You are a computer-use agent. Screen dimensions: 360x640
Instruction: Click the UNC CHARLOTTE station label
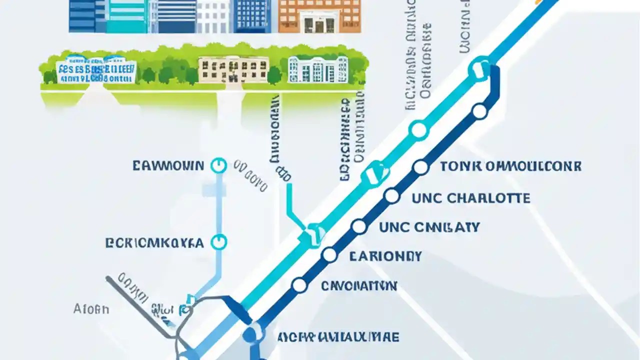pos(470,198)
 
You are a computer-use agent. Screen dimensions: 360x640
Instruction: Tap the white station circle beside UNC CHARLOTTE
pos(392,196)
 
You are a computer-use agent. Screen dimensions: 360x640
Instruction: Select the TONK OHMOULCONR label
pos(510,166)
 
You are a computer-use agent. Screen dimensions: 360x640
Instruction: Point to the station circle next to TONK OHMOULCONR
pos(421,167)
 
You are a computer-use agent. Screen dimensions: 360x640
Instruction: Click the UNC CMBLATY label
pos(429,227)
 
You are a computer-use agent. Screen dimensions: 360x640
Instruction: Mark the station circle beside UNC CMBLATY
pos(359,226)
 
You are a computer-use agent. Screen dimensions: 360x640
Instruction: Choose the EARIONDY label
pos(385,257)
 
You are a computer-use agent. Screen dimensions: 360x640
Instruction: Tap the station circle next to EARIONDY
pos(329,255)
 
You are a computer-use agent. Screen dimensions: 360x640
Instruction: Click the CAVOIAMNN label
pos(358,286)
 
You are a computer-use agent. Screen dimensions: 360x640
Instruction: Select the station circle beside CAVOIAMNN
pos(299,285)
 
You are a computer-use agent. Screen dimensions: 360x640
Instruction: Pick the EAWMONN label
pos(168,166)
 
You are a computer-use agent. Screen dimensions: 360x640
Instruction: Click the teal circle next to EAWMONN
pos(218,165)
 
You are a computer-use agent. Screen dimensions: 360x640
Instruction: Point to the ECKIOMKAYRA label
pos(154,243)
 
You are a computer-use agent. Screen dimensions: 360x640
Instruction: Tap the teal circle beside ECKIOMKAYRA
pos(218,242)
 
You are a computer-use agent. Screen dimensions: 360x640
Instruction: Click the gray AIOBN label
pos(91,309)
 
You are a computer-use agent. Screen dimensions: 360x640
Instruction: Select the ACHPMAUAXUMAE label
pos(339,337)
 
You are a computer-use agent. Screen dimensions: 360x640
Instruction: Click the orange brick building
pos(319,16)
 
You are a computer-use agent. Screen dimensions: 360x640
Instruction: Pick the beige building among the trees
pos(233,69)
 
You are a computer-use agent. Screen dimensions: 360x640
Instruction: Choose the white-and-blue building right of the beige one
pos(317,69)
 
